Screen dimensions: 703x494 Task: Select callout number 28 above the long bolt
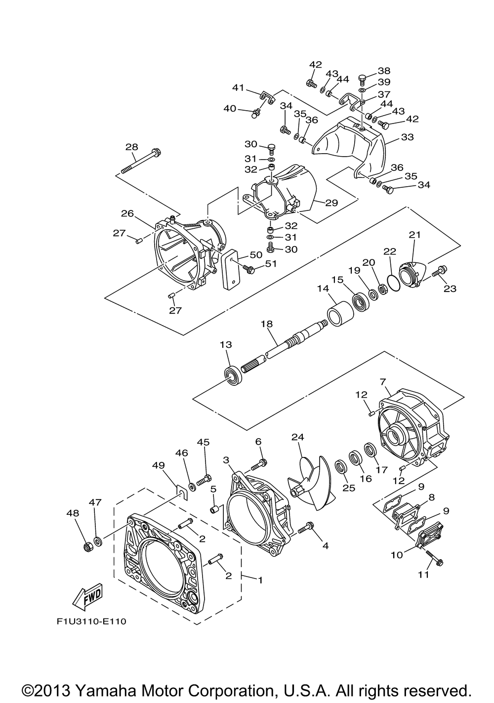tap(131, 147)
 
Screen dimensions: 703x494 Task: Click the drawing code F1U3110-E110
tap(91, 621)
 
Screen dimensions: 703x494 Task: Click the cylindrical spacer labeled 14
tap(339, 315)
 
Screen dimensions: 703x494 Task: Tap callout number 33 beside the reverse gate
tap(407, 137)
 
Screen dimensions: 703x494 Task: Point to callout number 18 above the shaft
tap(267, 324)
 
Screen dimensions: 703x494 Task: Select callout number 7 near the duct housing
tap(382, 382)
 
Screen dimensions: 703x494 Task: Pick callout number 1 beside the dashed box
tap(260, 579)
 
